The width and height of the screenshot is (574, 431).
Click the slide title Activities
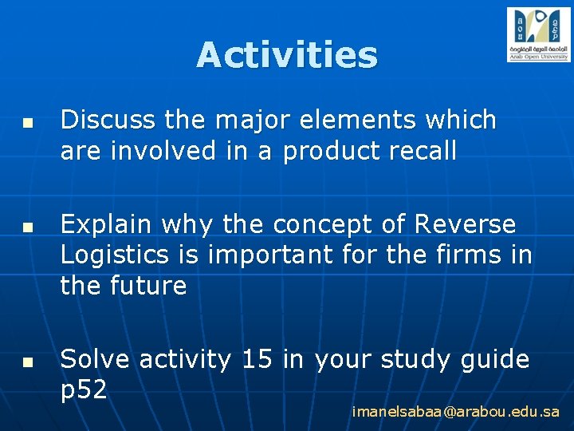click(x=287, y=55)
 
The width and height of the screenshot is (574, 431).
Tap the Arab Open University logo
click(x=539, y=34)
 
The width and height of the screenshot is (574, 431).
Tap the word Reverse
click(x=465, y=225)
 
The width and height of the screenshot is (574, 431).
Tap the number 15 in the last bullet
click(x=257, y=360)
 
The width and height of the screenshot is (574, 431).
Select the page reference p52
click(x=85, y=389)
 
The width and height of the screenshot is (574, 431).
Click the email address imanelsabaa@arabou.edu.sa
click(x=456, y=413)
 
